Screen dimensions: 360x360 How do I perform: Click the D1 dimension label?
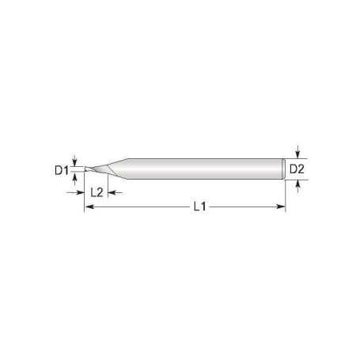[60, 169]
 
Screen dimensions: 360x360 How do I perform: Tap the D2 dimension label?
[294, 169]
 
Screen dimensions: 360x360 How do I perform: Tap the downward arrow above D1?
[75, 160]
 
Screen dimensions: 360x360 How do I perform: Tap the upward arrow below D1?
[75, 177]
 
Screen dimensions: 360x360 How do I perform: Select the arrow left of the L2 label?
[85, 192]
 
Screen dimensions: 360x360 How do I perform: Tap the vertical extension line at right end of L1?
[285, 194]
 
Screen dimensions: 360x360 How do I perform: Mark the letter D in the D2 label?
[290, 169]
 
